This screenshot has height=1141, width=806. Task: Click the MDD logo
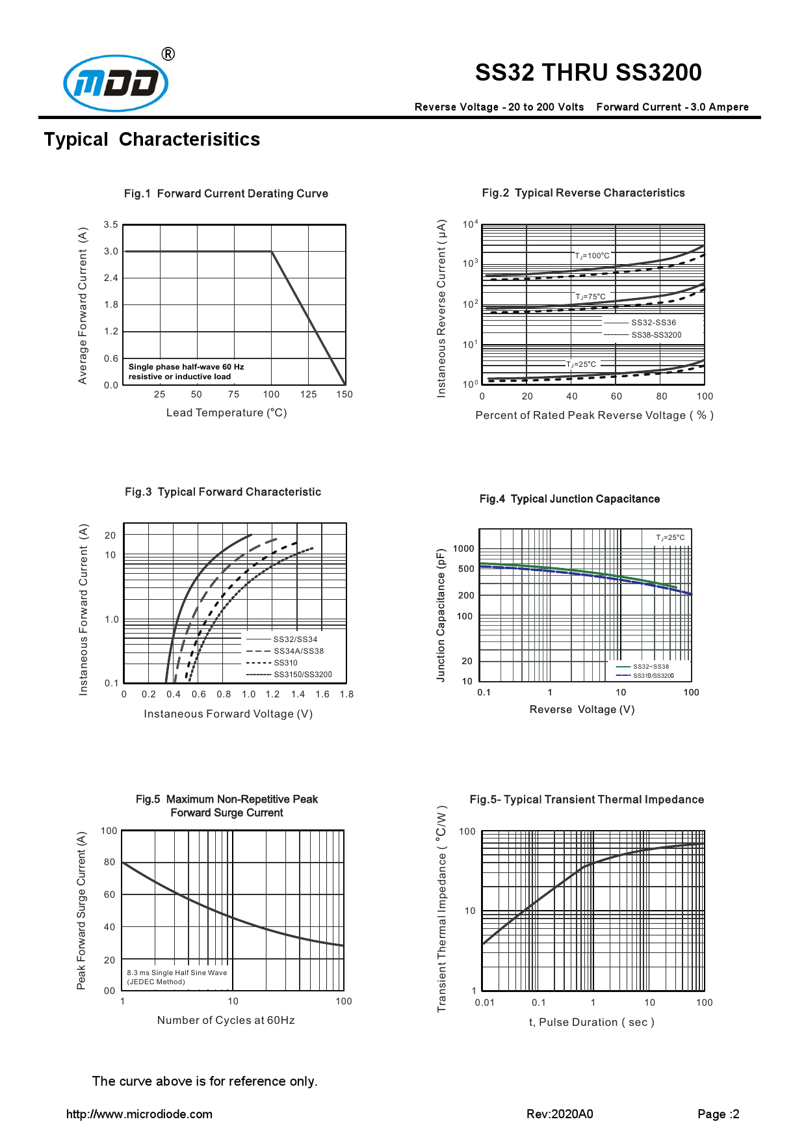tap(116, 83)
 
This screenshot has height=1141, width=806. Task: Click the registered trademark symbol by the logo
tap(168, 54)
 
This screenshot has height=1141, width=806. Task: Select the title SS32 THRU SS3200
tap(588, 72)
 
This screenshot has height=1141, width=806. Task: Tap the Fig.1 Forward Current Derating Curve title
tap(226, 194)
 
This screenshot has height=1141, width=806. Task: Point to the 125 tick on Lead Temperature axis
tap(308, 394)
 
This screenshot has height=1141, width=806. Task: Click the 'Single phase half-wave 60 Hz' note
tap(186, 367)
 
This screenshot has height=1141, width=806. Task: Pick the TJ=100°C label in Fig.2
tap(592, 256)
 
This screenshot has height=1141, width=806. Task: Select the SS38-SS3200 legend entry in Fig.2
tap(656, 335)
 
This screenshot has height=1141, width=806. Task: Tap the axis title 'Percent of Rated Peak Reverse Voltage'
tap(594, 416)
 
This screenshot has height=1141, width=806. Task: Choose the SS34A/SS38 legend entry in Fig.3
tap(298, 651)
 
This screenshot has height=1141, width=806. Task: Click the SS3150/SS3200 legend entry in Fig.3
tap(302, 675)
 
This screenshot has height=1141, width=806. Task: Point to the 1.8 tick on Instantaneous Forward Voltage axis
tap(346, 694)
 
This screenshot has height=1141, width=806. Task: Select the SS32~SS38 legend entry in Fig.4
tap(651, 667)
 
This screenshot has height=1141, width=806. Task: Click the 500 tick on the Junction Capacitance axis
tap(466, 569)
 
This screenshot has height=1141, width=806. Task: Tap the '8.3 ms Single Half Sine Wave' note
tap(177, 973)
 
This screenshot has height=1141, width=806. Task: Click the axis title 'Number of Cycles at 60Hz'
tap(226, 1020)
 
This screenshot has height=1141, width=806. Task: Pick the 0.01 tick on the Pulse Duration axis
tap(484, 1002)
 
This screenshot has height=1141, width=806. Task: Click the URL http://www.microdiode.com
tap(139, 1114)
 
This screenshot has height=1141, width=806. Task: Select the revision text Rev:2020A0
tap(560, 1114)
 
